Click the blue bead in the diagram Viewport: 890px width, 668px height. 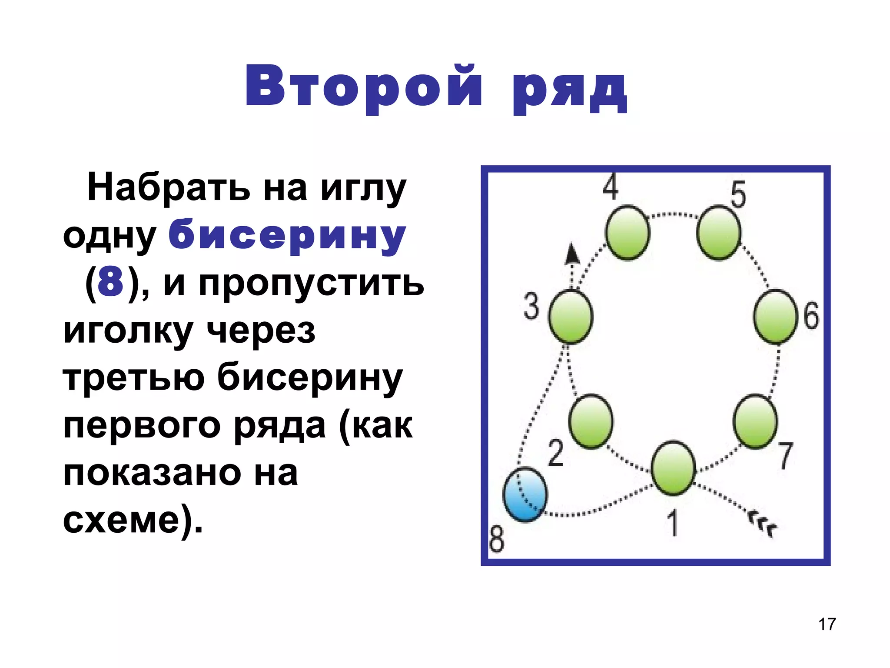point(525,494)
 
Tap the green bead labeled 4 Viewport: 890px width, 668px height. point(628,233)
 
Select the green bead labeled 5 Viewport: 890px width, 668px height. point(718,233)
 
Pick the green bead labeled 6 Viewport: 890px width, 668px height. point(775,316)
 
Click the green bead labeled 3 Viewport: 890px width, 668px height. point(571,316)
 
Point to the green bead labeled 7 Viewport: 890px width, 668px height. point(756,421)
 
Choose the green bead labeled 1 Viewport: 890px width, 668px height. point(673,468)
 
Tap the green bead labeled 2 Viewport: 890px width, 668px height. point(591,421)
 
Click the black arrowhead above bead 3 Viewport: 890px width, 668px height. point(572,254)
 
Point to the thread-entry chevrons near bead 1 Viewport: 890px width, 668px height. point(763,525)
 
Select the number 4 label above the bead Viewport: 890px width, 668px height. point(611,187)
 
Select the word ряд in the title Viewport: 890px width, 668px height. point(570,89)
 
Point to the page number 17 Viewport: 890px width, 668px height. point(827,624)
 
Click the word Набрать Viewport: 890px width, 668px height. point(169,188)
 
